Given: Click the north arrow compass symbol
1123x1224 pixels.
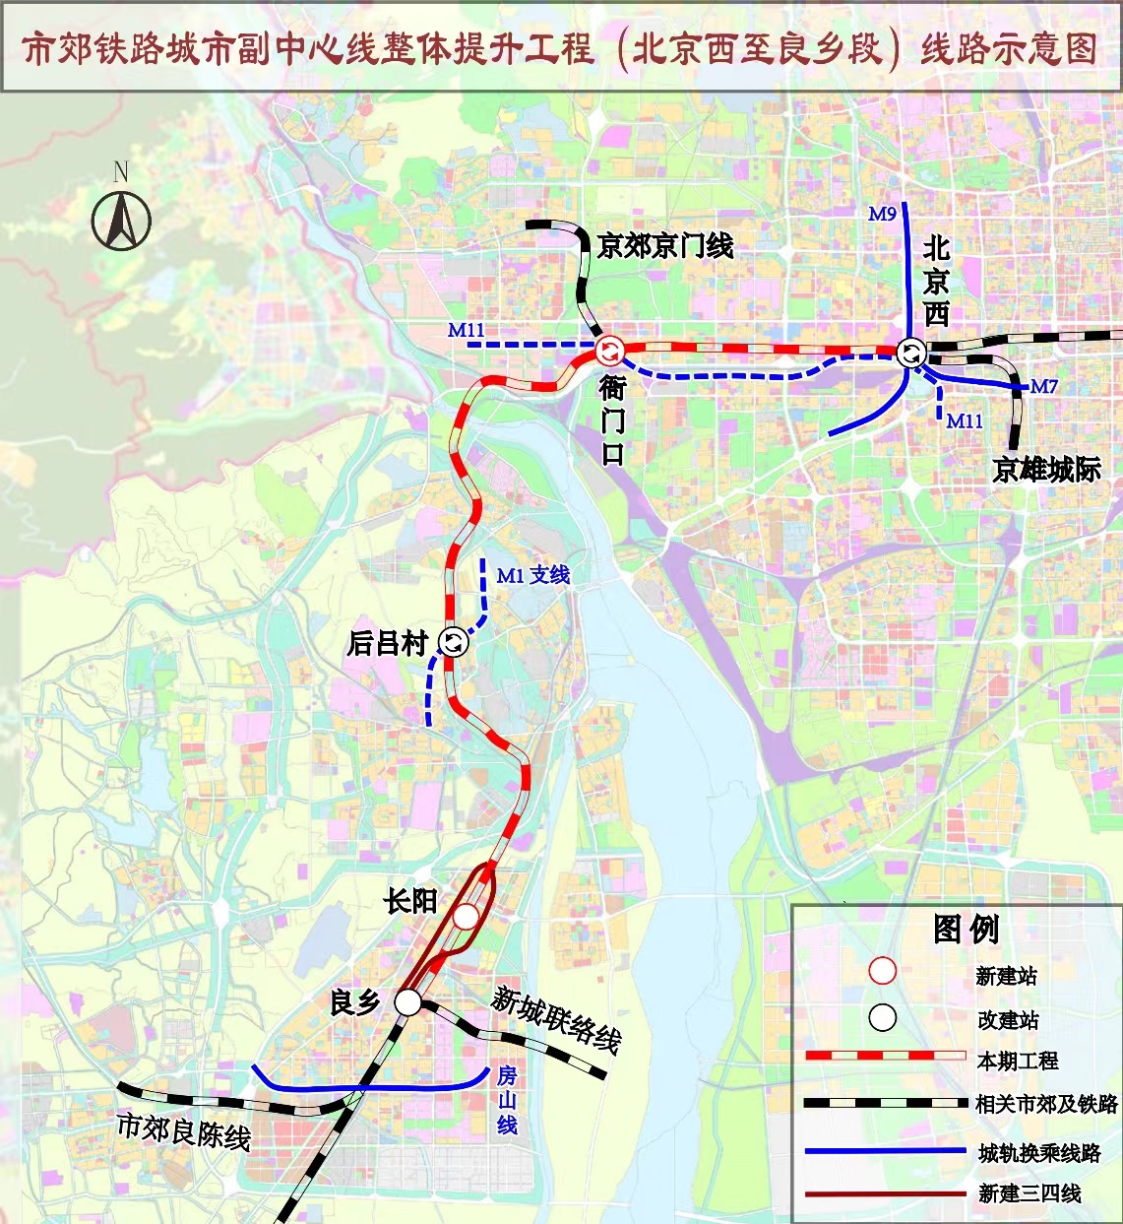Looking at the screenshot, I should click(121, 220).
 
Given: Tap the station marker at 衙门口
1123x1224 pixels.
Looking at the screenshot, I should click(610, 349).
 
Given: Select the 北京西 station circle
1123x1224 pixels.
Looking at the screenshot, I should click(911, 353).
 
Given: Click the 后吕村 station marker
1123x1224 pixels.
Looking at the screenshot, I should click(454, 642).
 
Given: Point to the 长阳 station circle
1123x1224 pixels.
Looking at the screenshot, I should click(466, 917).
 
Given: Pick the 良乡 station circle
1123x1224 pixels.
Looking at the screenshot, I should click(407, 1002).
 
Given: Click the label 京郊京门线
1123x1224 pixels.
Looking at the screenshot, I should click(665, 245).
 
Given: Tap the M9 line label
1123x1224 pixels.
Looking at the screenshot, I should click(882, 214).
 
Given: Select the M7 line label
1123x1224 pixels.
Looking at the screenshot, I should click(1043, 386).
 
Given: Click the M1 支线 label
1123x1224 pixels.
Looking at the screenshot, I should click(533, 575).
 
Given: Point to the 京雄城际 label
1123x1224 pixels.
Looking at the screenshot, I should click(1046, 470).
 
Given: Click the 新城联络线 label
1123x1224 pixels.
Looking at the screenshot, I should click(556, 1020).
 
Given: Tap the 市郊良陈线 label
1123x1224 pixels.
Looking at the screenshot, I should click(184, 1131).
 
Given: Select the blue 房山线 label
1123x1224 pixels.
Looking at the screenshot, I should click(507, 1100).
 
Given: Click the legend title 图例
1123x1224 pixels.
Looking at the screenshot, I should click(966, 929).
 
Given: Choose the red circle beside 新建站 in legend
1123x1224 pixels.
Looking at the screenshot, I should click(883, 971).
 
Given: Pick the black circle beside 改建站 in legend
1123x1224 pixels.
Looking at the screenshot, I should click(883, 1017).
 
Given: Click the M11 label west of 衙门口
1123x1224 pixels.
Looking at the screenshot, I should click(467, 330).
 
